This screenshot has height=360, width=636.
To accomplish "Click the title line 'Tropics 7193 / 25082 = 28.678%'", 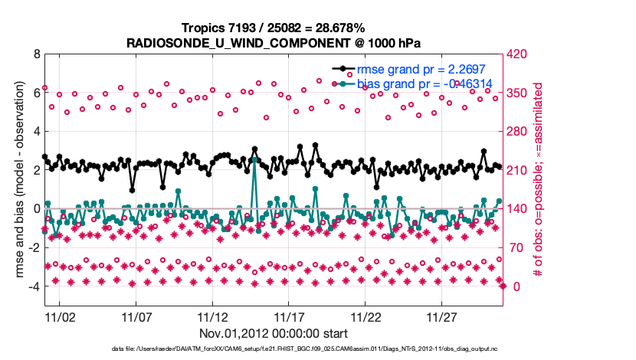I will (274, 28).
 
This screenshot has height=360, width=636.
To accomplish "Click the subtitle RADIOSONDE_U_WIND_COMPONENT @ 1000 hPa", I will (274, 43).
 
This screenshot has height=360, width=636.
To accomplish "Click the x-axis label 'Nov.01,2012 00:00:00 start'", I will (274, 333).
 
